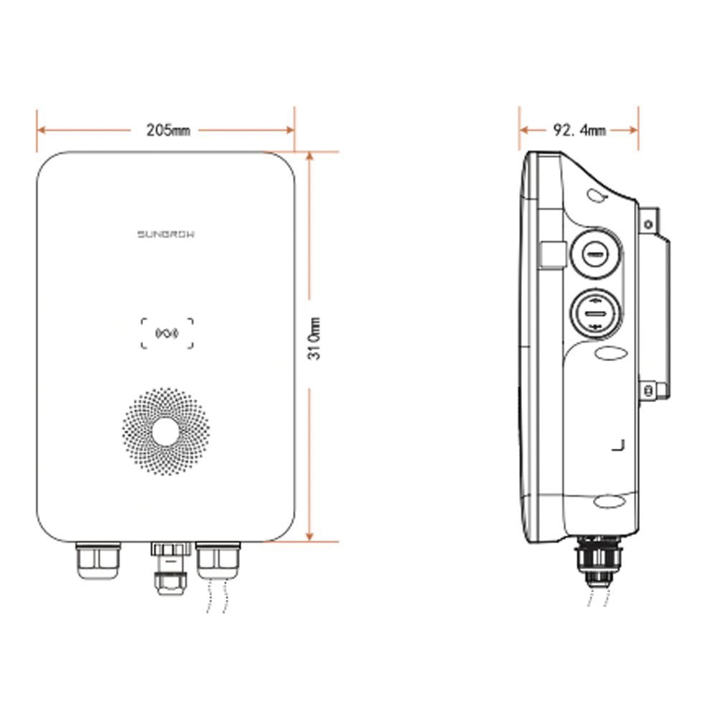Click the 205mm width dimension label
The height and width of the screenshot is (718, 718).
[x=168, y=130]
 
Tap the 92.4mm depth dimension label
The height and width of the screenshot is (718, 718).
[x=579, y=130]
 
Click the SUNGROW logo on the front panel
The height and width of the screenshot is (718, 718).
[x=166, y=233]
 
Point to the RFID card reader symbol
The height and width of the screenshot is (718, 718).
[x=167, y=333]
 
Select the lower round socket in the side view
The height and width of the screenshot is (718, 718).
[x=595, y=314]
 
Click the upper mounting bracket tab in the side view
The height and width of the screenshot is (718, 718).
[x=649, y=223]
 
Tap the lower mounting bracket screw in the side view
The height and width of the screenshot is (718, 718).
[x=648, y=391]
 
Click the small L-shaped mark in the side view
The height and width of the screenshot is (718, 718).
[x=618, y=445]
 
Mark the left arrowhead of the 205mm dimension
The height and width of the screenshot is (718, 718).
[x=40, y=130]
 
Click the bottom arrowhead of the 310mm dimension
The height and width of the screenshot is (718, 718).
[x=309, y=537]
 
